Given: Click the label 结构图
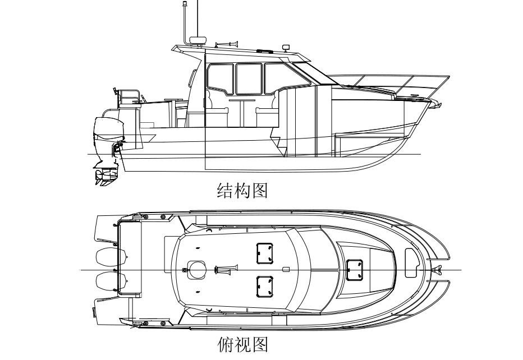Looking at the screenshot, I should coord(242,190).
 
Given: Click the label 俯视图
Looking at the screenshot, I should coord(242,343).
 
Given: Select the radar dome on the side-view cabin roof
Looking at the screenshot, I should coord(198,40).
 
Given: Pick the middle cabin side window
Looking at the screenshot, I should coord(248,79).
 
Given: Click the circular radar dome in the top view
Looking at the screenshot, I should coord(197,270).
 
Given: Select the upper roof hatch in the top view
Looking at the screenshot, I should coord(264,253).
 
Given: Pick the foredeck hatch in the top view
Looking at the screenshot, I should coord(355,269).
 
